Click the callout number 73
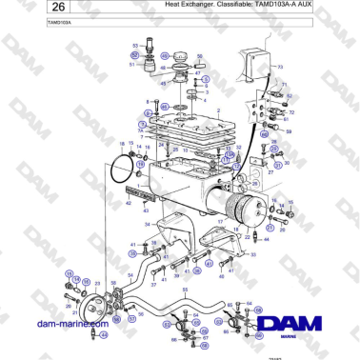click(280, 67)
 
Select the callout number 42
click(129, 203)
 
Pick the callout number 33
click(252, 254)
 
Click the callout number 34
click(147, 225)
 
